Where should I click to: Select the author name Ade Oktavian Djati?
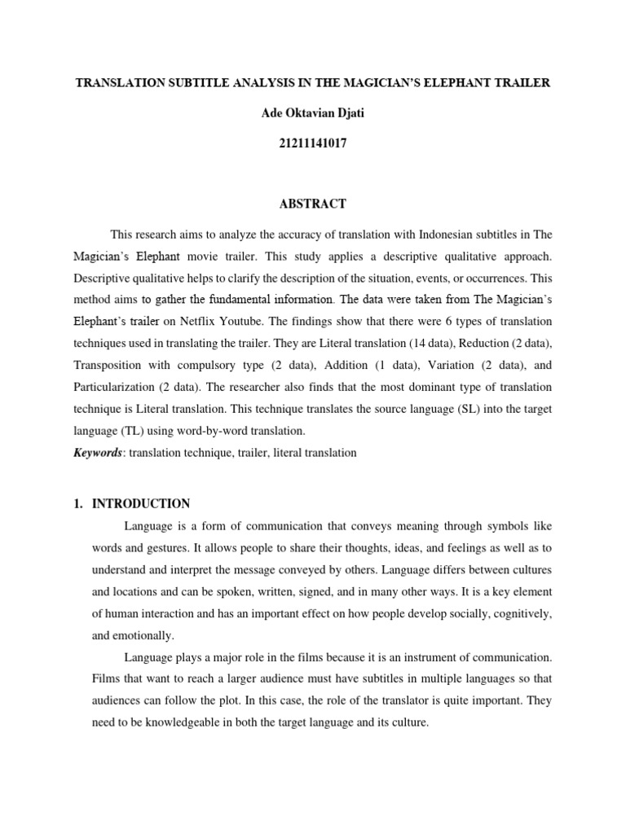tap(312, 112)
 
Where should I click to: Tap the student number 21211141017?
tap(312, 143)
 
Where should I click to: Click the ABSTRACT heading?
tap(312, 204)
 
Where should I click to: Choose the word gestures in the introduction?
tap(167, 546)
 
